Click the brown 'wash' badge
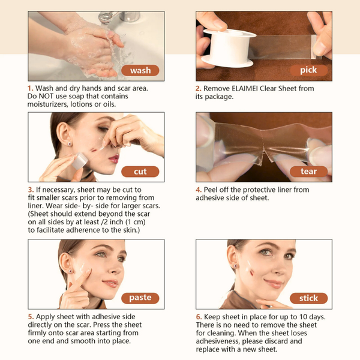click(140, 70)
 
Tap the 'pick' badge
click(308, 70)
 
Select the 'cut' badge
click(140, 172)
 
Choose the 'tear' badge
click(308, 172)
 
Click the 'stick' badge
click(308, 298)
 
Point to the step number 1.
click(31, 88)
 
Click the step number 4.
click(199, 190)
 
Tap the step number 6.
click(199, 317)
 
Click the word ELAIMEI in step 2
click(245, 88)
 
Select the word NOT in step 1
click(46, 96)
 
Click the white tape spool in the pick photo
click(229, 48)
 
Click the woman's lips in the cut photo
click(114, 158)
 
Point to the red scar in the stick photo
click(251, 272)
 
